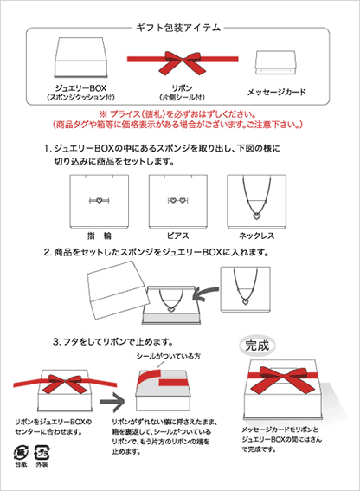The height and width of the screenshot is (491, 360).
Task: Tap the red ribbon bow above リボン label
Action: [181, 61]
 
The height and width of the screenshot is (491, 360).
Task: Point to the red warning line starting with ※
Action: [179, 114]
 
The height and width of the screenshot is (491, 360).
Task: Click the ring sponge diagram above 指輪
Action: [96, 200]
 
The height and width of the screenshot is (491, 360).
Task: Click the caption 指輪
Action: [96, 235]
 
